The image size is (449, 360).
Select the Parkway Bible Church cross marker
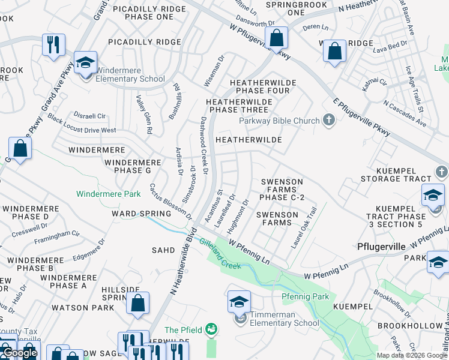coord(328,121)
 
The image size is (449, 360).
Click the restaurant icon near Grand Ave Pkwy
coord(53,44)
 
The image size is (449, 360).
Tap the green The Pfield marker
coord(211,329)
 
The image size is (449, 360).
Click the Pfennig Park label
coord(305,296)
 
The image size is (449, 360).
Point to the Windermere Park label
coord(108,194)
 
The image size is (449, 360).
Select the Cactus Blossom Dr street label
coord(170,202)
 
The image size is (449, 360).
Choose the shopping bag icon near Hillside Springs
coord(137,304)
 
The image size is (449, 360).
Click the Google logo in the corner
coord(19,353)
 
